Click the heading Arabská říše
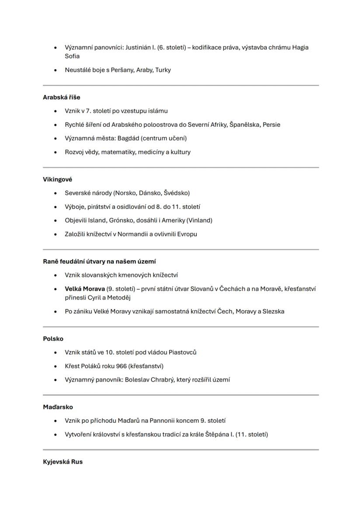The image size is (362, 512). click(x=62, y=97)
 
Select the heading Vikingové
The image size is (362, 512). click(x=58, y=179)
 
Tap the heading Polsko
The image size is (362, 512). click(x=53, y=338)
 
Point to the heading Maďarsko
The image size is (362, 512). click(x=58, y=407)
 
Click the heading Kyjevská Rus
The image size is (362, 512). click(x=63, y=462)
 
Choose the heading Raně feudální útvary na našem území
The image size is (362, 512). click(x=99, y=261)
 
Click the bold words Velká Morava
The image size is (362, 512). click(x=85, y=289)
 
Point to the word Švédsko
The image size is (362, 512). click(x=176, y=193)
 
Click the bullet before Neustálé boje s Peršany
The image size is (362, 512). click(x=55, y=70)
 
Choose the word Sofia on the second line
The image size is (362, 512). click(x=72, y=56)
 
